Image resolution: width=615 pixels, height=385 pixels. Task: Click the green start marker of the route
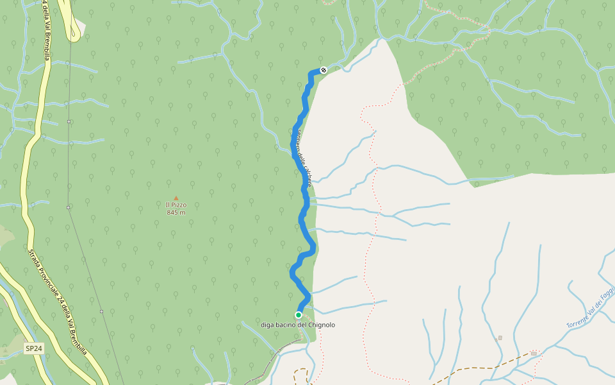point(299,314)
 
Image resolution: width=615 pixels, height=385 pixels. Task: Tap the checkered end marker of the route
point(324,70)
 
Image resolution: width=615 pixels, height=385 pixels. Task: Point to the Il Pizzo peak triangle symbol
point(176,198)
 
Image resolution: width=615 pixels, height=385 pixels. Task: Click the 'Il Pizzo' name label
point(176,205)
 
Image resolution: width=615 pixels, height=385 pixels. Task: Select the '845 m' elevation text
point(176,212)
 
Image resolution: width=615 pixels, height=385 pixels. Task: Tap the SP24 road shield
point(34,348)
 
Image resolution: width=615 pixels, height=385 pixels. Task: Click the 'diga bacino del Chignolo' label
point(298,325)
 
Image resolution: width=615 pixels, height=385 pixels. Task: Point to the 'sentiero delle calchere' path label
point(304,157)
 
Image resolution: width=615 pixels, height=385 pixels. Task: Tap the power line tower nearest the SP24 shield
point(101,312)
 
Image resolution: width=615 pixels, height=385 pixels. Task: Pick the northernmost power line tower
point(69,121)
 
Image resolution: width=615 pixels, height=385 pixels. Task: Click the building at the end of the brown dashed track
point(534,353)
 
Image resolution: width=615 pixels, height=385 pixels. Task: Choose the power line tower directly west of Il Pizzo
point(68,207)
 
